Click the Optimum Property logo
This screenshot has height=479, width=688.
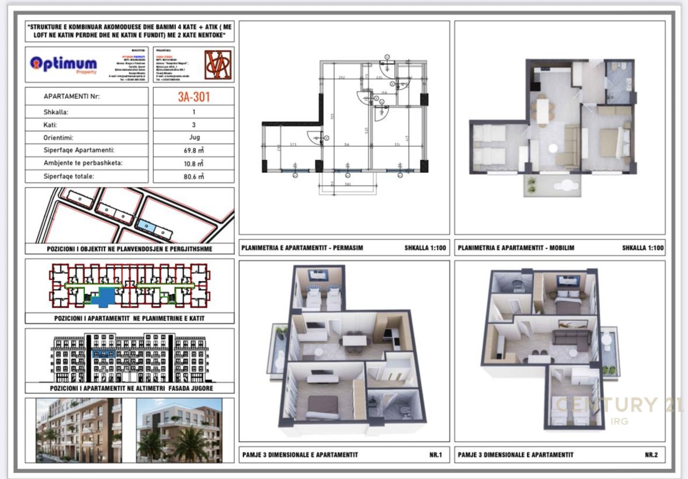tap(63, 64)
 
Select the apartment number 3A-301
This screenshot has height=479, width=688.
tap(193, 97)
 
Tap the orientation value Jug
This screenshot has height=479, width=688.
tap(193, 137)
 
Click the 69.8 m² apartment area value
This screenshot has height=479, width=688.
tap(193, 150)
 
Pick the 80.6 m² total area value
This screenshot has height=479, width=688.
tap(193, 176)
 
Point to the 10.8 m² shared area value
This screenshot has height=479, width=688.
tap(193, 163)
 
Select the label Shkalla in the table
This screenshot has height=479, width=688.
tap(56, 112)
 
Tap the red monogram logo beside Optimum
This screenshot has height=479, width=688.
tap(218, 65)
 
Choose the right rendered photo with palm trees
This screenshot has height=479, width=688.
tap(178, 430)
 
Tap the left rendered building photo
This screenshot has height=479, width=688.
tap(78, 430)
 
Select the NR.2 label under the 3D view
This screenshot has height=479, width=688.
tap(651, 455)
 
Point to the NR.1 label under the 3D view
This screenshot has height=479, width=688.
tap(435, 455)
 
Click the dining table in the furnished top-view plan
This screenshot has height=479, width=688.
tap(543, 111)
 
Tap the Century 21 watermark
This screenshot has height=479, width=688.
tap(618, 405)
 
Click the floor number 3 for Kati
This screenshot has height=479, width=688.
tap(193, 125)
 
